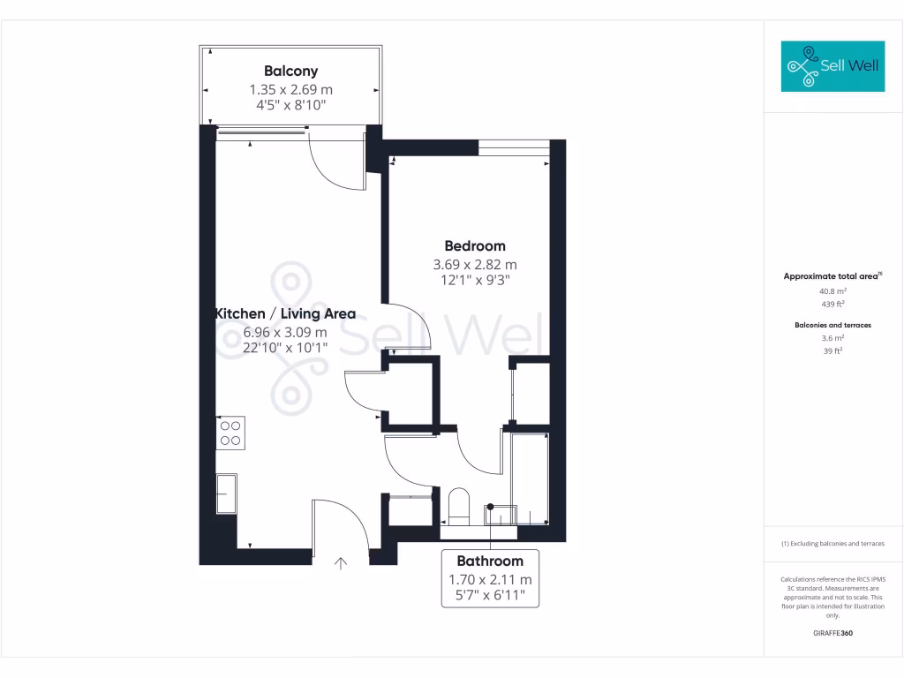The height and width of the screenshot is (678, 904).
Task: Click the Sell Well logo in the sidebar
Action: pos(832,66)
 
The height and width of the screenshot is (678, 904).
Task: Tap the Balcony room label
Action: pos(290,72)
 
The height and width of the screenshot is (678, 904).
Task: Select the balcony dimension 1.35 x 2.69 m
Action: pos(290,89)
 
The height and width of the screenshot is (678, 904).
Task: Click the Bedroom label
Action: pos(475,246)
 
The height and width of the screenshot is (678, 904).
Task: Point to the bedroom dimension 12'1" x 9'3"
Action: pos(475,280)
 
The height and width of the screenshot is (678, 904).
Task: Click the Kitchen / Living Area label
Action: pos(285,313)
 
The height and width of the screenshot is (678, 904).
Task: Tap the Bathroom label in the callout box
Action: pos(490,561)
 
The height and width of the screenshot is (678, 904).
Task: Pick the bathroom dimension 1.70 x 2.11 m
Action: pos(490,580)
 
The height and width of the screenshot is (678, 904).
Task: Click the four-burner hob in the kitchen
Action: pos(230,432)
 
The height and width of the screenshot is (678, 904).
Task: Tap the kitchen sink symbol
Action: pos(226,493)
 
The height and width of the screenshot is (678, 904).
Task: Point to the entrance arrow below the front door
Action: pos(342,561)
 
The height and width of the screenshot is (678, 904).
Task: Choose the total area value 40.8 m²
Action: pos(832,290)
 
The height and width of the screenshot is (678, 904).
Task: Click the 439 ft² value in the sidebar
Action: pos(832,303)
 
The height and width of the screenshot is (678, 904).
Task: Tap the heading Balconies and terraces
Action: pos(832,325)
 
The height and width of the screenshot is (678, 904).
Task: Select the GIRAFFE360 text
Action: pos(832,633)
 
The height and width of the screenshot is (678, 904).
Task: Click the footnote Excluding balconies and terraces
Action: pos(832,544)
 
